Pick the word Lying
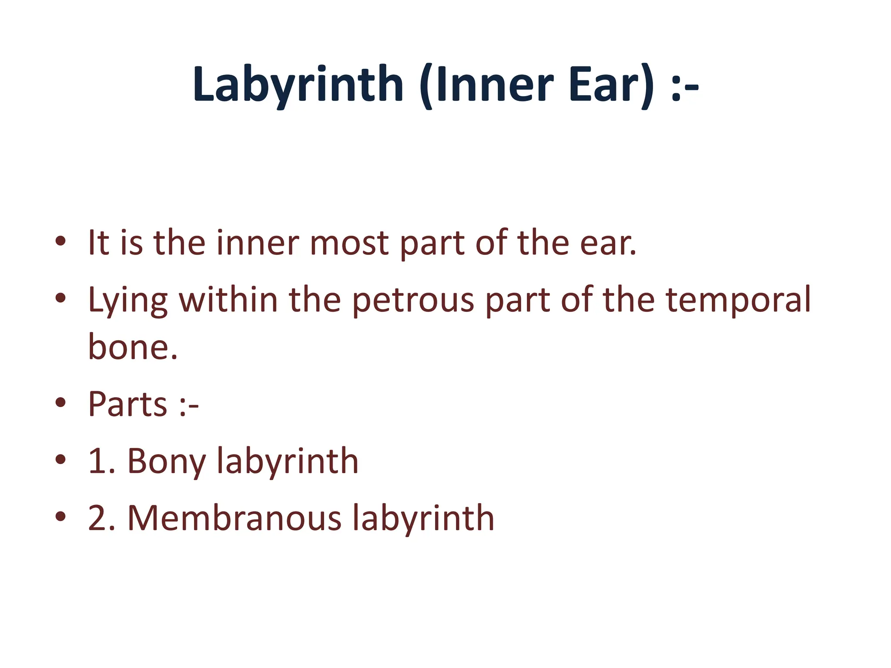[127, 301]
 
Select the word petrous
[412, 301]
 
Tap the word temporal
[738, 301]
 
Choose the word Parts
[127, 404]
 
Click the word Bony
[166, 462]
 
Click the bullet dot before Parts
[60, 403]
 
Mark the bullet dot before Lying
[60, 298]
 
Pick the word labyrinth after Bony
[288, 462]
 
